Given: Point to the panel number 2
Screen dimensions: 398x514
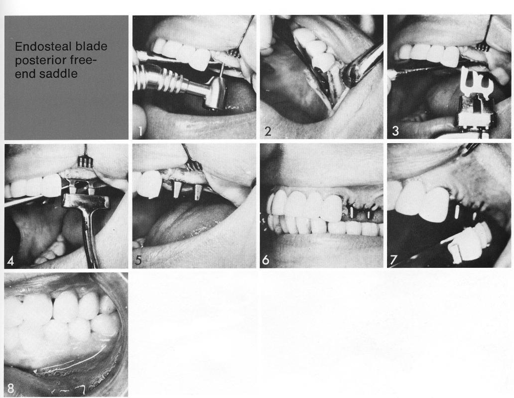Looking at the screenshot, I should tap(268, 132).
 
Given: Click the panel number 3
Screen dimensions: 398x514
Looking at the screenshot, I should tap(395, 132).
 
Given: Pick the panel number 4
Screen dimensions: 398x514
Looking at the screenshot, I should tap(11, 260).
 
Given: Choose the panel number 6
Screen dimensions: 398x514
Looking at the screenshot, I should tap(266, 260).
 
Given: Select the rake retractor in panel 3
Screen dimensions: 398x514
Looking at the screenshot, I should tap(481, 46).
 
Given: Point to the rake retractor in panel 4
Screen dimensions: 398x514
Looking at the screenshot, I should tap(85, 160).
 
